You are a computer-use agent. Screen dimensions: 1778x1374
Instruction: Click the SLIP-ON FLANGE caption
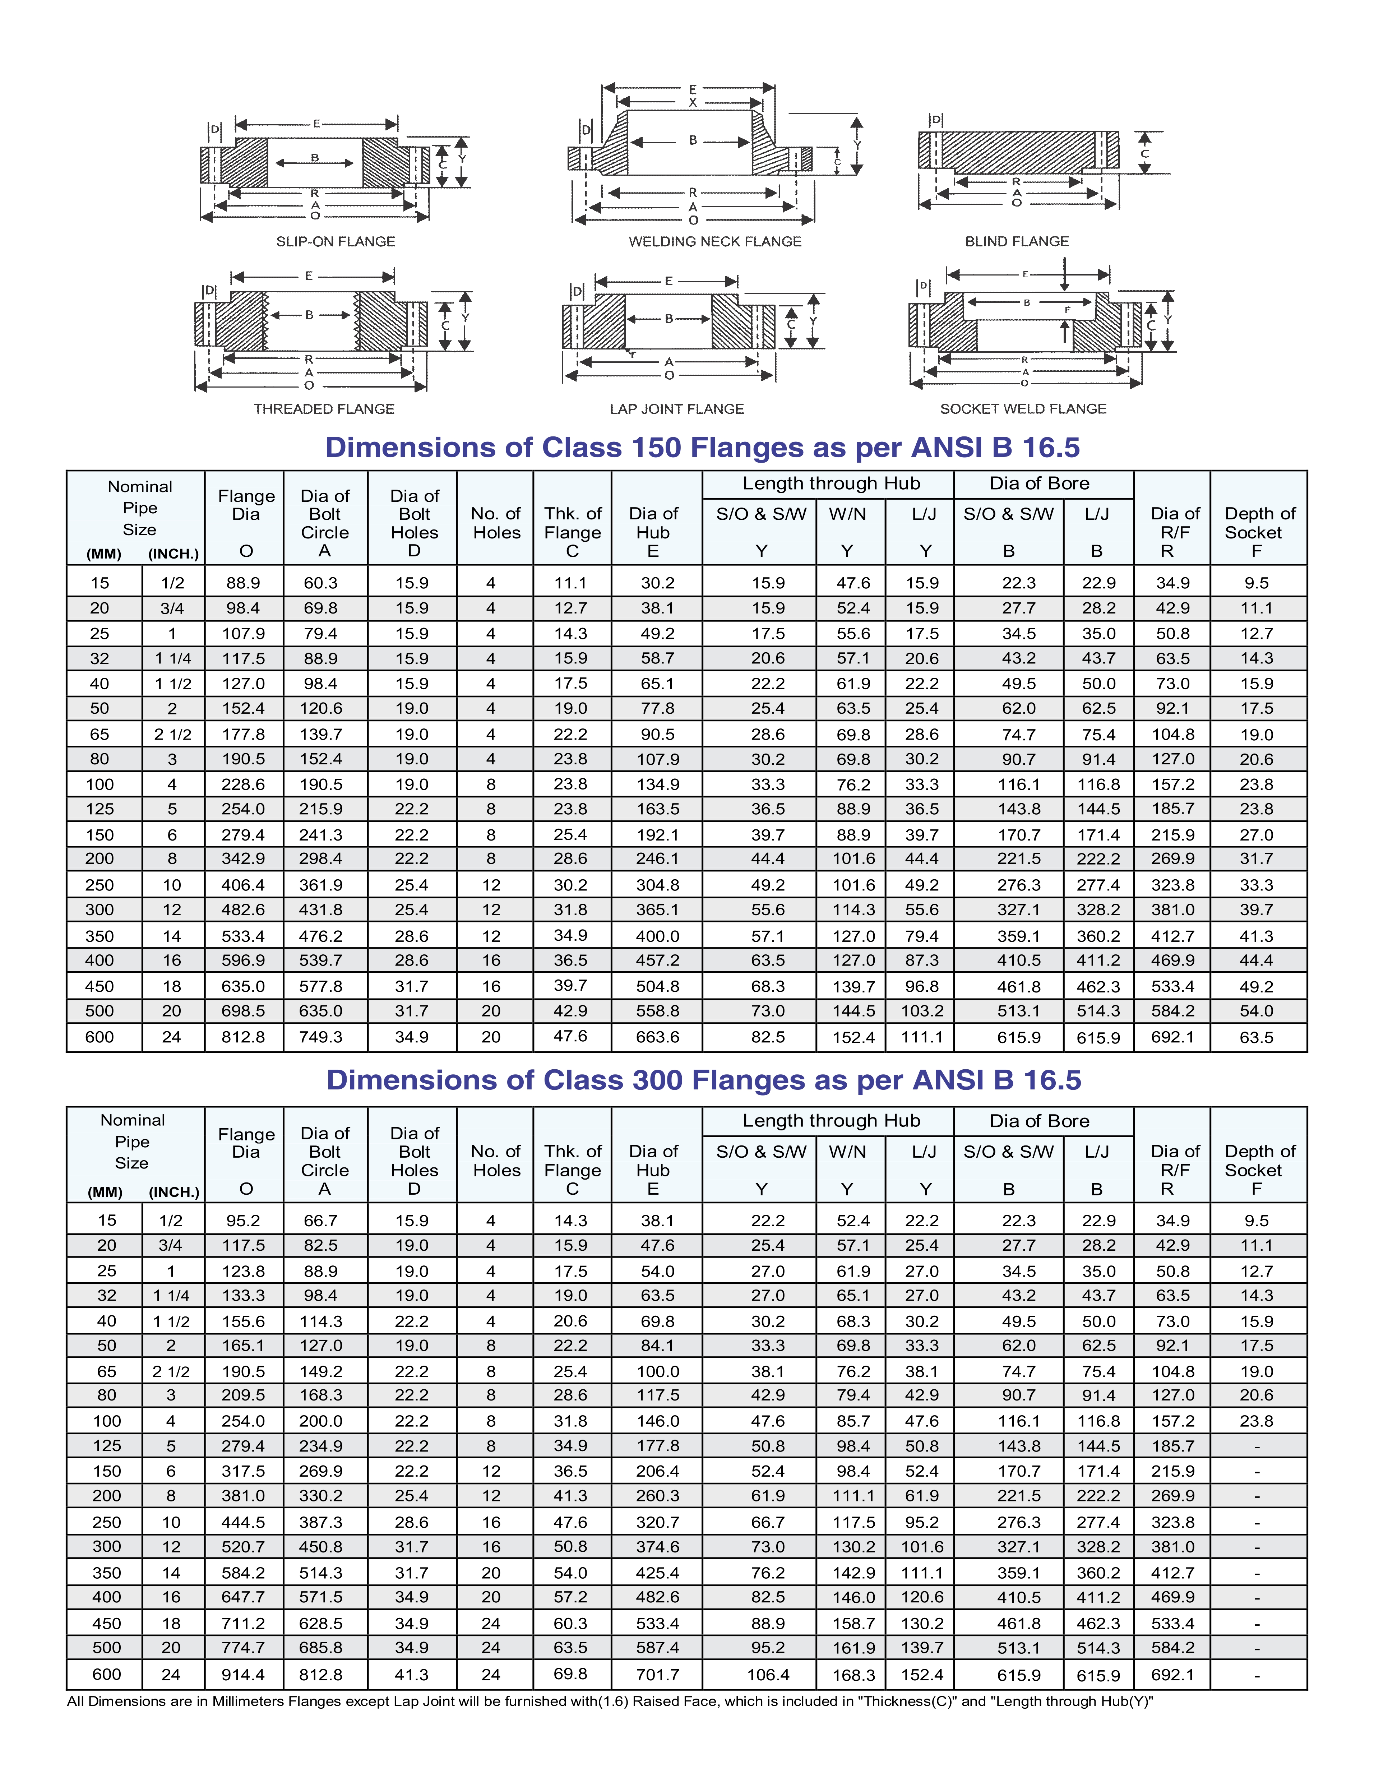[336, 242]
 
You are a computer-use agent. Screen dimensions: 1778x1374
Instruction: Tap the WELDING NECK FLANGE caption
[715, 242]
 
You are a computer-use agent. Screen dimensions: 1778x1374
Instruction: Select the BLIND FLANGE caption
[1017, 242]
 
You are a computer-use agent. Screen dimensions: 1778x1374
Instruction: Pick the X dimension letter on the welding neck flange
[693, 103]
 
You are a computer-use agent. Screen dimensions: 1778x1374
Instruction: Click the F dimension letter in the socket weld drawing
[1067, 310]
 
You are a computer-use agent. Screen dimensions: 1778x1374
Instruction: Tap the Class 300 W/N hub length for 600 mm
[853, 1675]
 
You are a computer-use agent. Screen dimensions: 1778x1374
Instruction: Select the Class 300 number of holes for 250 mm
[491, 1522]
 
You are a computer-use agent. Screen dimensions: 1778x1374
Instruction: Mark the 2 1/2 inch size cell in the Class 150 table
[172, 734]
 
